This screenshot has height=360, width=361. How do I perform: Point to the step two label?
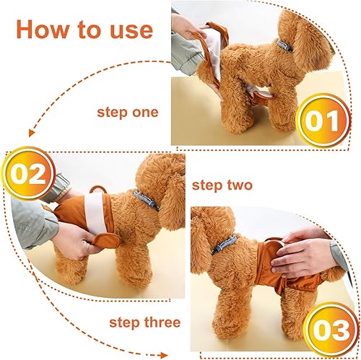222,185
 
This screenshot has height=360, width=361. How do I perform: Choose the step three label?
145,322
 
